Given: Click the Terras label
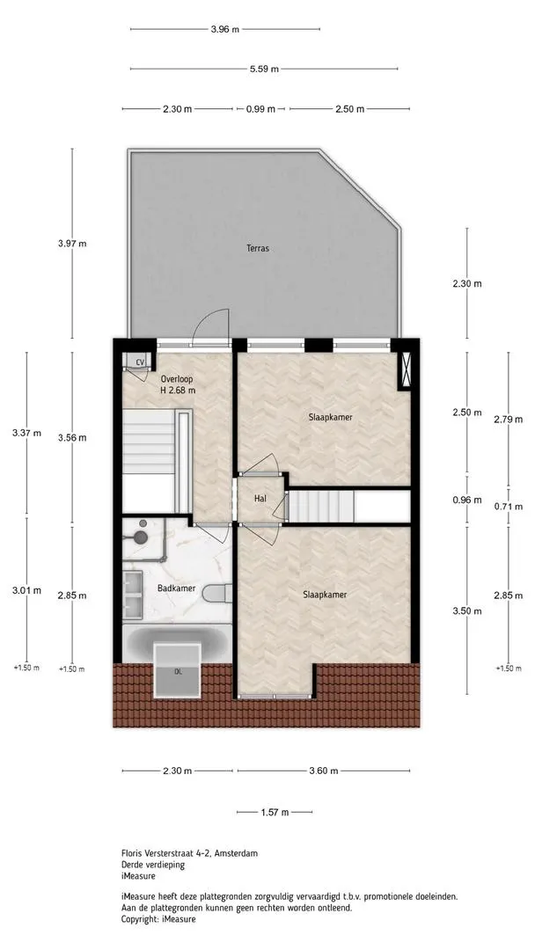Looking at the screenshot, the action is click(258, 248).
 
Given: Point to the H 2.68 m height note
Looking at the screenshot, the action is click(178, 391).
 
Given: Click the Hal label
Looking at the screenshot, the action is click(260, 498).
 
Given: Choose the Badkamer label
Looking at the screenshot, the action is click(174, 588).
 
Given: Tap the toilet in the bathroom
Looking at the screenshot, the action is click(217, 593).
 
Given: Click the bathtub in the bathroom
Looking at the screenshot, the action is click(177, 643).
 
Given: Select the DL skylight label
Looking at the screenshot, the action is click(178, 671).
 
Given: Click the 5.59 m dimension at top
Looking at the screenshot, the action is click(264, 69).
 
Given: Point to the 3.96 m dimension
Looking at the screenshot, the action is click(224, 29).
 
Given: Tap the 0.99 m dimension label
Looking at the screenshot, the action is click(260, 109).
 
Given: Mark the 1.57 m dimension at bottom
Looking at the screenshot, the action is click(275, 813).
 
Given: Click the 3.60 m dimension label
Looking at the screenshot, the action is click(324, 771).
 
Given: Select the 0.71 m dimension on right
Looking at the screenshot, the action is click(508, 507).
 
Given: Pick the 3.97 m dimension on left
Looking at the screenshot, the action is click(72, 244).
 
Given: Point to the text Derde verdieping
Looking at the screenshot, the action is click(153, 865).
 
